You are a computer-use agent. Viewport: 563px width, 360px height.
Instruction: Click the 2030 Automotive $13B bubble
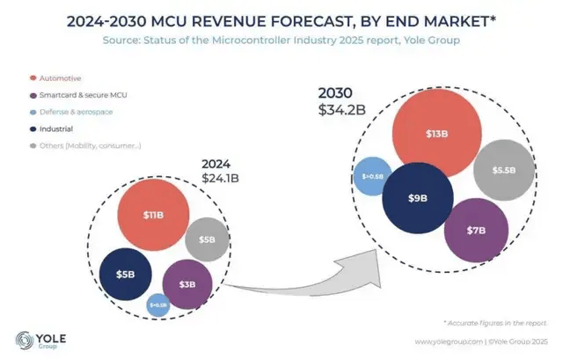(x=436, y=136)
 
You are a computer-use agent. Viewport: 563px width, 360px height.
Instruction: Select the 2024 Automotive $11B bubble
(x=153, y=215)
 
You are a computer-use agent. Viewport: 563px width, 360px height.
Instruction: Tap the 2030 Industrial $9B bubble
(x=418, y=199)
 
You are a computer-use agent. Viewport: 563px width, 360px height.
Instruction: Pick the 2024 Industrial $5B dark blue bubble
(x=126, y=274)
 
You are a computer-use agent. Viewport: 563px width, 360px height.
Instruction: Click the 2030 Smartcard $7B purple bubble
(x=476, y=231)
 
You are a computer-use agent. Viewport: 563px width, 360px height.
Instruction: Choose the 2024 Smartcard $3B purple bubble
(x=187, y=284)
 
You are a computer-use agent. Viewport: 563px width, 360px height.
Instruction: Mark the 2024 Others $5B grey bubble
(x=208, y=239)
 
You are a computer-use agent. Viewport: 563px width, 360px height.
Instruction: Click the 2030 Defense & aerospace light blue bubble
(x=371, y=176)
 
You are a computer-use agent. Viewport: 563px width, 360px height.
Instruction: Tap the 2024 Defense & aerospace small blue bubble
(x=158, y=305)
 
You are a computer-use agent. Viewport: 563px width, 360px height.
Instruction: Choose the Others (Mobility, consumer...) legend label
(x=91, y=145)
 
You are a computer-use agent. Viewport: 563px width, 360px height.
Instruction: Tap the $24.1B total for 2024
(x=220, y=179)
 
